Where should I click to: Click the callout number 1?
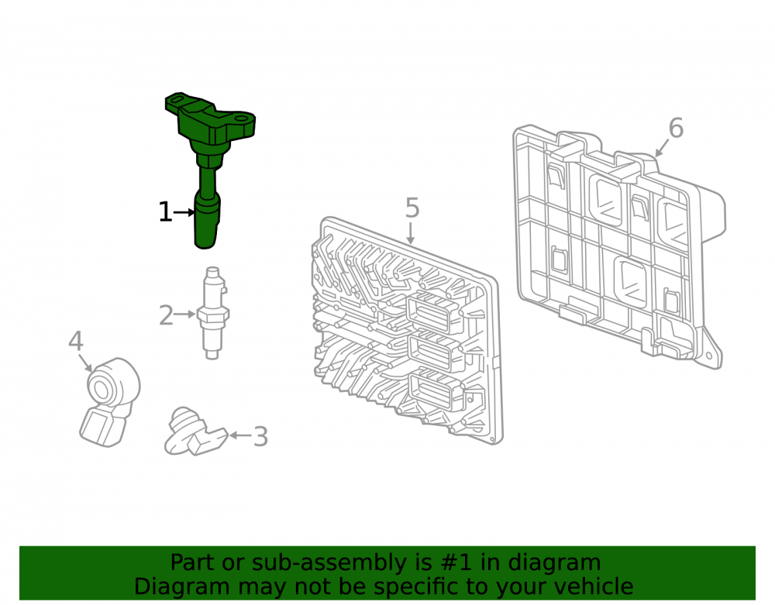coord(165,212)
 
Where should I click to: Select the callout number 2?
coord(166,315)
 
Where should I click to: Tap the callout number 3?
coord(260,437)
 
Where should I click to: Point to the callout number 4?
coord(76,342)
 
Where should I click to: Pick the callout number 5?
coord(412,208)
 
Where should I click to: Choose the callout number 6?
coord(676,128)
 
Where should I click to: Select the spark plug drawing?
coord(212,313)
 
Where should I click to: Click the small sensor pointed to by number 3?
coord(195,432)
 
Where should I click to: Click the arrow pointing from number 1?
coord(184,213)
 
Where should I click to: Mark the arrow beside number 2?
coord(185,314)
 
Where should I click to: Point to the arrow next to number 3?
coord(241,435)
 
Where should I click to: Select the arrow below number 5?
coord(410,232)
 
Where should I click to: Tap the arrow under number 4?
coord(85,363)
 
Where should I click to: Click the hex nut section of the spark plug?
coord(213,314)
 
